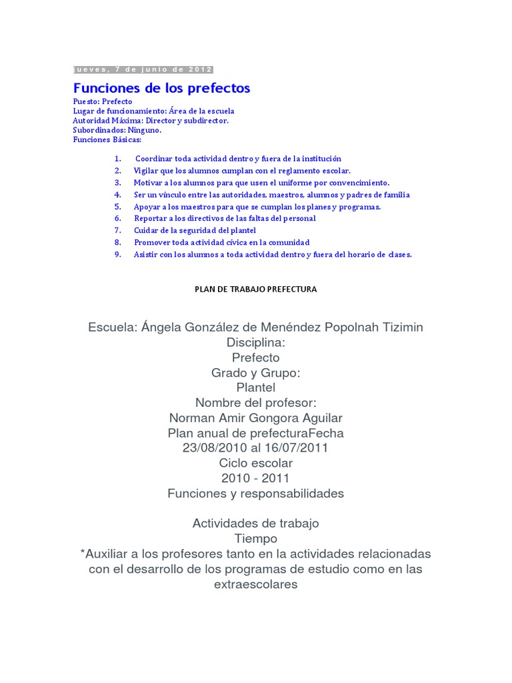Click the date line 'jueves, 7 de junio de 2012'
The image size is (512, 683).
(x=143, y=69)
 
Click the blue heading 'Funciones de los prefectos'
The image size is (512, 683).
(x=161, y=88)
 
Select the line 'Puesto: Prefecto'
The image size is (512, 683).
(x=103, y=101)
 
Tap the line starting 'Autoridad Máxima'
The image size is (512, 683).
(x=151, y=121)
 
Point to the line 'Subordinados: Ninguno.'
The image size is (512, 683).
(x=117, y=130)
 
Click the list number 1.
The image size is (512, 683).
(x=117, y=159)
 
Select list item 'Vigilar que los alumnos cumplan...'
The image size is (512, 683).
(x=241, y=171)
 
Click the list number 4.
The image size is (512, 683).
(x=117, y=195)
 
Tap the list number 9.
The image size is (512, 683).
(x=117, y=254)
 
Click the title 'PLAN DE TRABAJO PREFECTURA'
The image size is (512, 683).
(x=255, y=289)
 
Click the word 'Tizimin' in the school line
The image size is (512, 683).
(x=401, y=327)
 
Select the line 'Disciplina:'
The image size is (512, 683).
(x=256, y=342)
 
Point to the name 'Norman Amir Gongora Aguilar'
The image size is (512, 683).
(x=256, y=418)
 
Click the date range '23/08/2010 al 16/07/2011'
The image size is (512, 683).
(x=256, y=448)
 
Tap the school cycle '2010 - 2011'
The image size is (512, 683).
(x=256, y=478)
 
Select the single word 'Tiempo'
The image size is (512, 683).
(x=256, y=538)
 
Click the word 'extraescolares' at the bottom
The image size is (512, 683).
(x=256, y=584)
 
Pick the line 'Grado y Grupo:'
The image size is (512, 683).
(x=256, y=373)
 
